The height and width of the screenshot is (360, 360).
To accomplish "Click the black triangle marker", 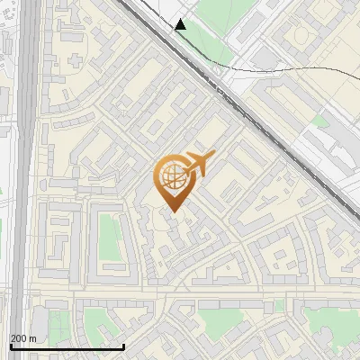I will pyautogui.click(x=180, y=24).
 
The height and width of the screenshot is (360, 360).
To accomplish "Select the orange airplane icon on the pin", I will pyautogui.click(x=199, y=163).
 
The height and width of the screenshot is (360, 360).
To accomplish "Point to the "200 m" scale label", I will pyautogui.click(x=23, y=338).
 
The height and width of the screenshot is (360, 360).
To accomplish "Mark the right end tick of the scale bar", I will pyautogui.click(x=123, y=345).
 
